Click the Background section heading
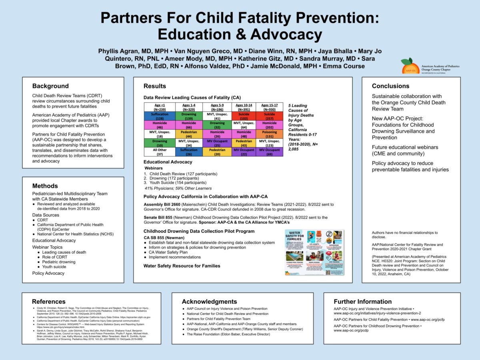(50, 86)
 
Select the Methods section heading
(45, 186)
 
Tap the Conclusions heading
(390, 86)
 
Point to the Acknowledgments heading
(209, 302)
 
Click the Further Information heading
(362, 302)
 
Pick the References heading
(49, 302)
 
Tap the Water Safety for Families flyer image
(314, 252)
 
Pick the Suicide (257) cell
(270, 116)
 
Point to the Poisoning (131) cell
(270, 134)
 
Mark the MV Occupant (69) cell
(270, 152)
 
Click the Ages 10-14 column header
(244, 107)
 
